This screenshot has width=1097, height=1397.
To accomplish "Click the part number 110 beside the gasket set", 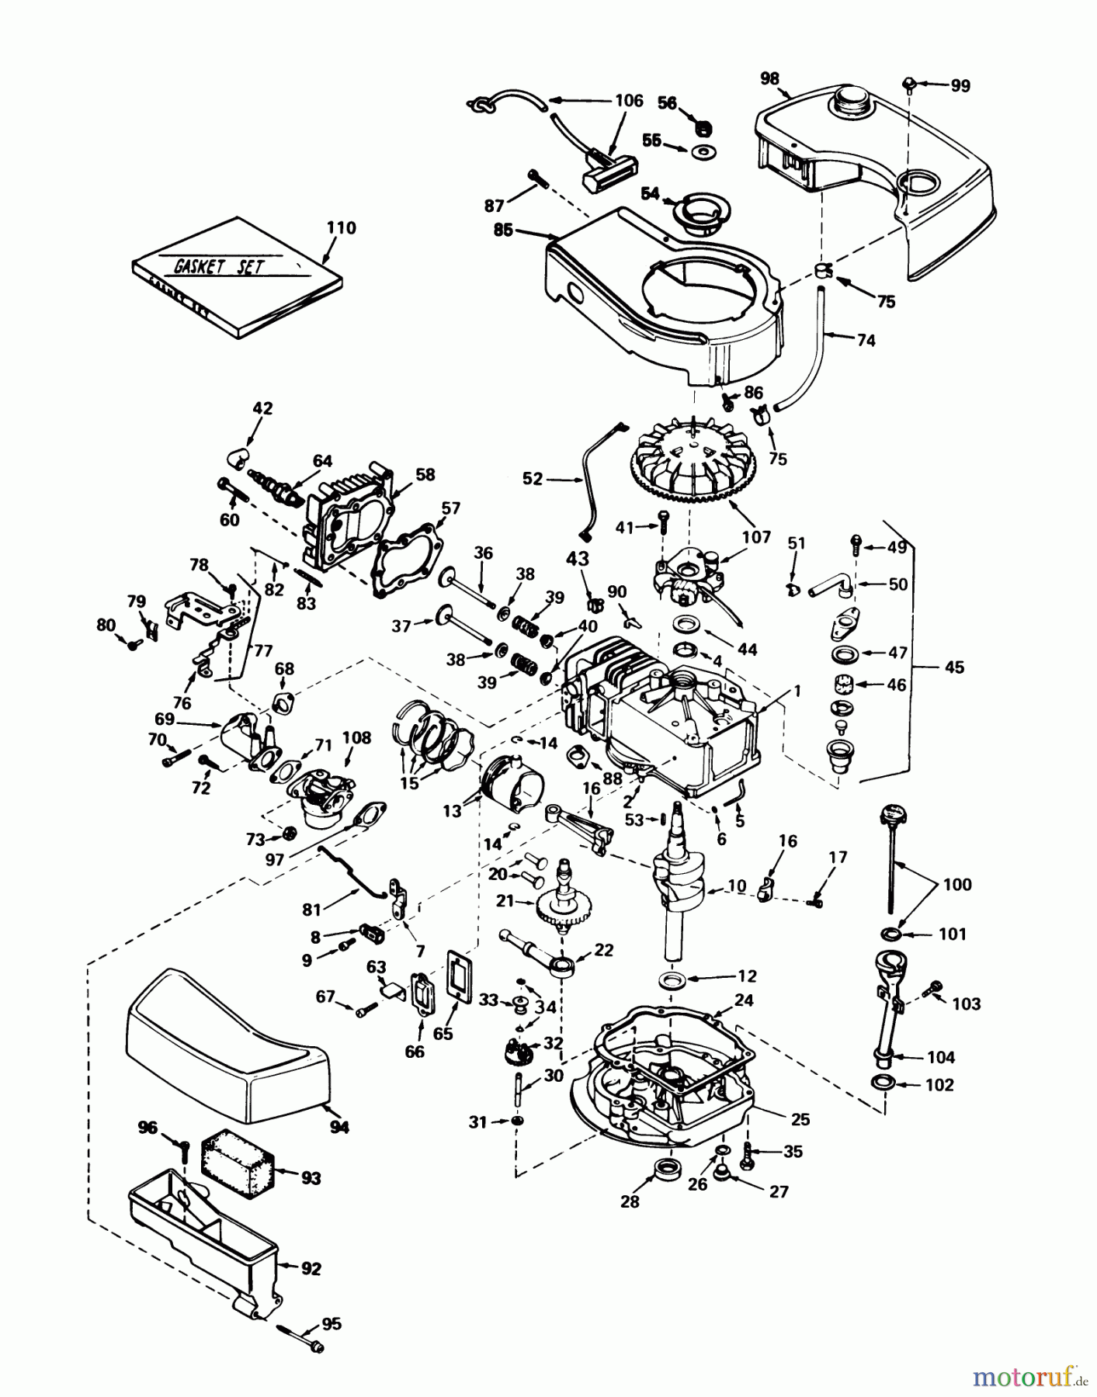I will [x=342, y=227].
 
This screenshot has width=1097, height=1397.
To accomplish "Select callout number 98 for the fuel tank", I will [x=769, y=78].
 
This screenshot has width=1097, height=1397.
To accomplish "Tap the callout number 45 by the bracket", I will [x=954, y=667].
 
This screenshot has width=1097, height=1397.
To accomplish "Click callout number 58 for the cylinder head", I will [x=425, y=474].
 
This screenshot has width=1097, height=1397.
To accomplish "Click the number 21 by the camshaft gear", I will [x=505, y=900].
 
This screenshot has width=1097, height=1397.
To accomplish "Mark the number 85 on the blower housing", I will [x=502, y=230].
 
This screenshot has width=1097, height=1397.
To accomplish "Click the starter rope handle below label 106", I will [x=609, y=172].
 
